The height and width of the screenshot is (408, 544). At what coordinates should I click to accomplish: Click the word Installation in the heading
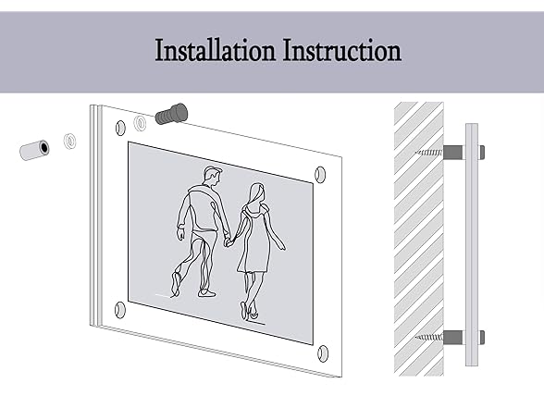tap(215, 51)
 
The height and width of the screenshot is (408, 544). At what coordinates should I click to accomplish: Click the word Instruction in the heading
tap(342, 51)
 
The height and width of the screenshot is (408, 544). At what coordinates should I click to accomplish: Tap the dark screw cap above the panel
tap(172, 113)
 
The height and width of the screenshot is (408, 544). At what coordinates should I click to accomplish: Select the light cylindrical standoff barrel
tap(34, 150)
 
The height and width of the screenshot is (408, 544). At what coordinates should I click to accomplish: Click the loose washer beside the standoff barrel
tap(70, 141)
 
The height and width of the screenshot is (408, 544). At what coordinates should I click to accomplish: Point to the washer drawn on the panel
tap(141, 123)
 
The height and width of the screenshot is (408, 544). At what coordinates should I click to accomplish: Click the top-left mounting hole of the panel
tap(120, 128)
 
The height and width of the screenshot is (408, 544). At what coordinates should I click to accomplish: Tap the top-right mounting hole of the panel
tap(320, 175)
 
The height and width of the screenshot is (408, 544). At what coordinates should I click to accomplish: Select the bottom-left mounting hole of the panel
tap(119, 310)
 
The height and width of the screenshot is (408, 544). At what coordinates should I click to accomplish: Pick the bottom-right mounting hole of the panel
tap(323, 353)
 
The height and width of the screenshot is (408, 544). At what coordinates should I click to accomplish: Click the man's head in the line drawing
tap(213, 176)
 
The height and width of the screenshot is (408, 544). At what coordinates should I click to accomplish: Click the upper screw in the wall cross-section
tap(429, 152)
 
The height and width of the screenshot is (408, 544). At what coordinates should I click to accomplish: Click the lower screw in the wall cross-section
tap(429, 337)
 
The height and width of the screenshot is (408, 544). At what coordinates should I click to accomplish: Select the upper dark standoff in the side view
tap(453, 153)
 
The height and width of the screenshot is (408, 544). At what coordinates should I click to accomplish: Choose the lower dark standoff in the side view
tap(453, 338)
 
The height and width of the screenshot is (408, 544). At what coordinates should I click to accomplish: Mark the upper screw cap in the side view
tap(481, 153)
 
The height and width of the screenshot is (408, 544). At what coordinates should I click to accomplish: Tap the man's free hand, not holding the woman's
tap(180, 234)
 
